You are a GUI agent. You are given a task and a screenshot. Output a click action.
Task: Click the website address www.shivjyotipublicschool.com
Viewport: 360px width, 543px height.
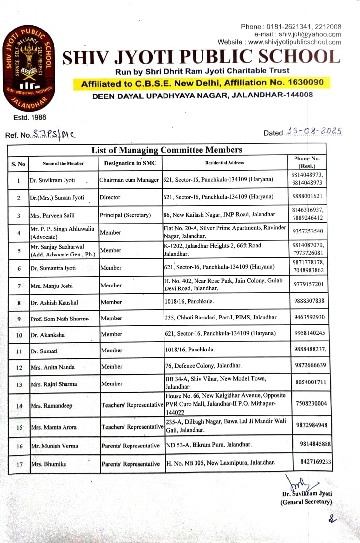(x=295, y=42)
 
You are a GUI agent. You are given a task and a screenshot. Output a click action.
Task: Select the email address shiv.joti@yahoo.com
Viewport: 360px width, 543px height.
(x=310, y=34)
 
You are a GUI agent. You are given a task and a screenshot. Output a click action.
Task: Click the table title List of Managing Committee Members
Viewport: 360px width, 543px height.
(x=166, y=150)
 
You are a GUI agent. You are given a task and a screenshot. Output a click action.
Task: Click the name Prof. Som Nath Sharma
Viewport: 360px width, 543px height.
(x=60, y=319)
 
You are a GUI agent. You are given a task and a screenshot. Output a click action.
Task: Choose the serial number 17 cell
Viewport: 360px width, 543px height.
(x=19, y=464)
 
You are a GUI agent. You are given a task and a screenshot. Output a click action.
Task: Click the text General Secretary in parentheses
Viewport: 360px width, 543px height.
(x=306, y=502)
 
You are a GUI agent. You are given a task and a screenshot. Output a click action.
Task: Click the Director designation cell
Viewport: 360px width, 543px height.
(x=110, y=197)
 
